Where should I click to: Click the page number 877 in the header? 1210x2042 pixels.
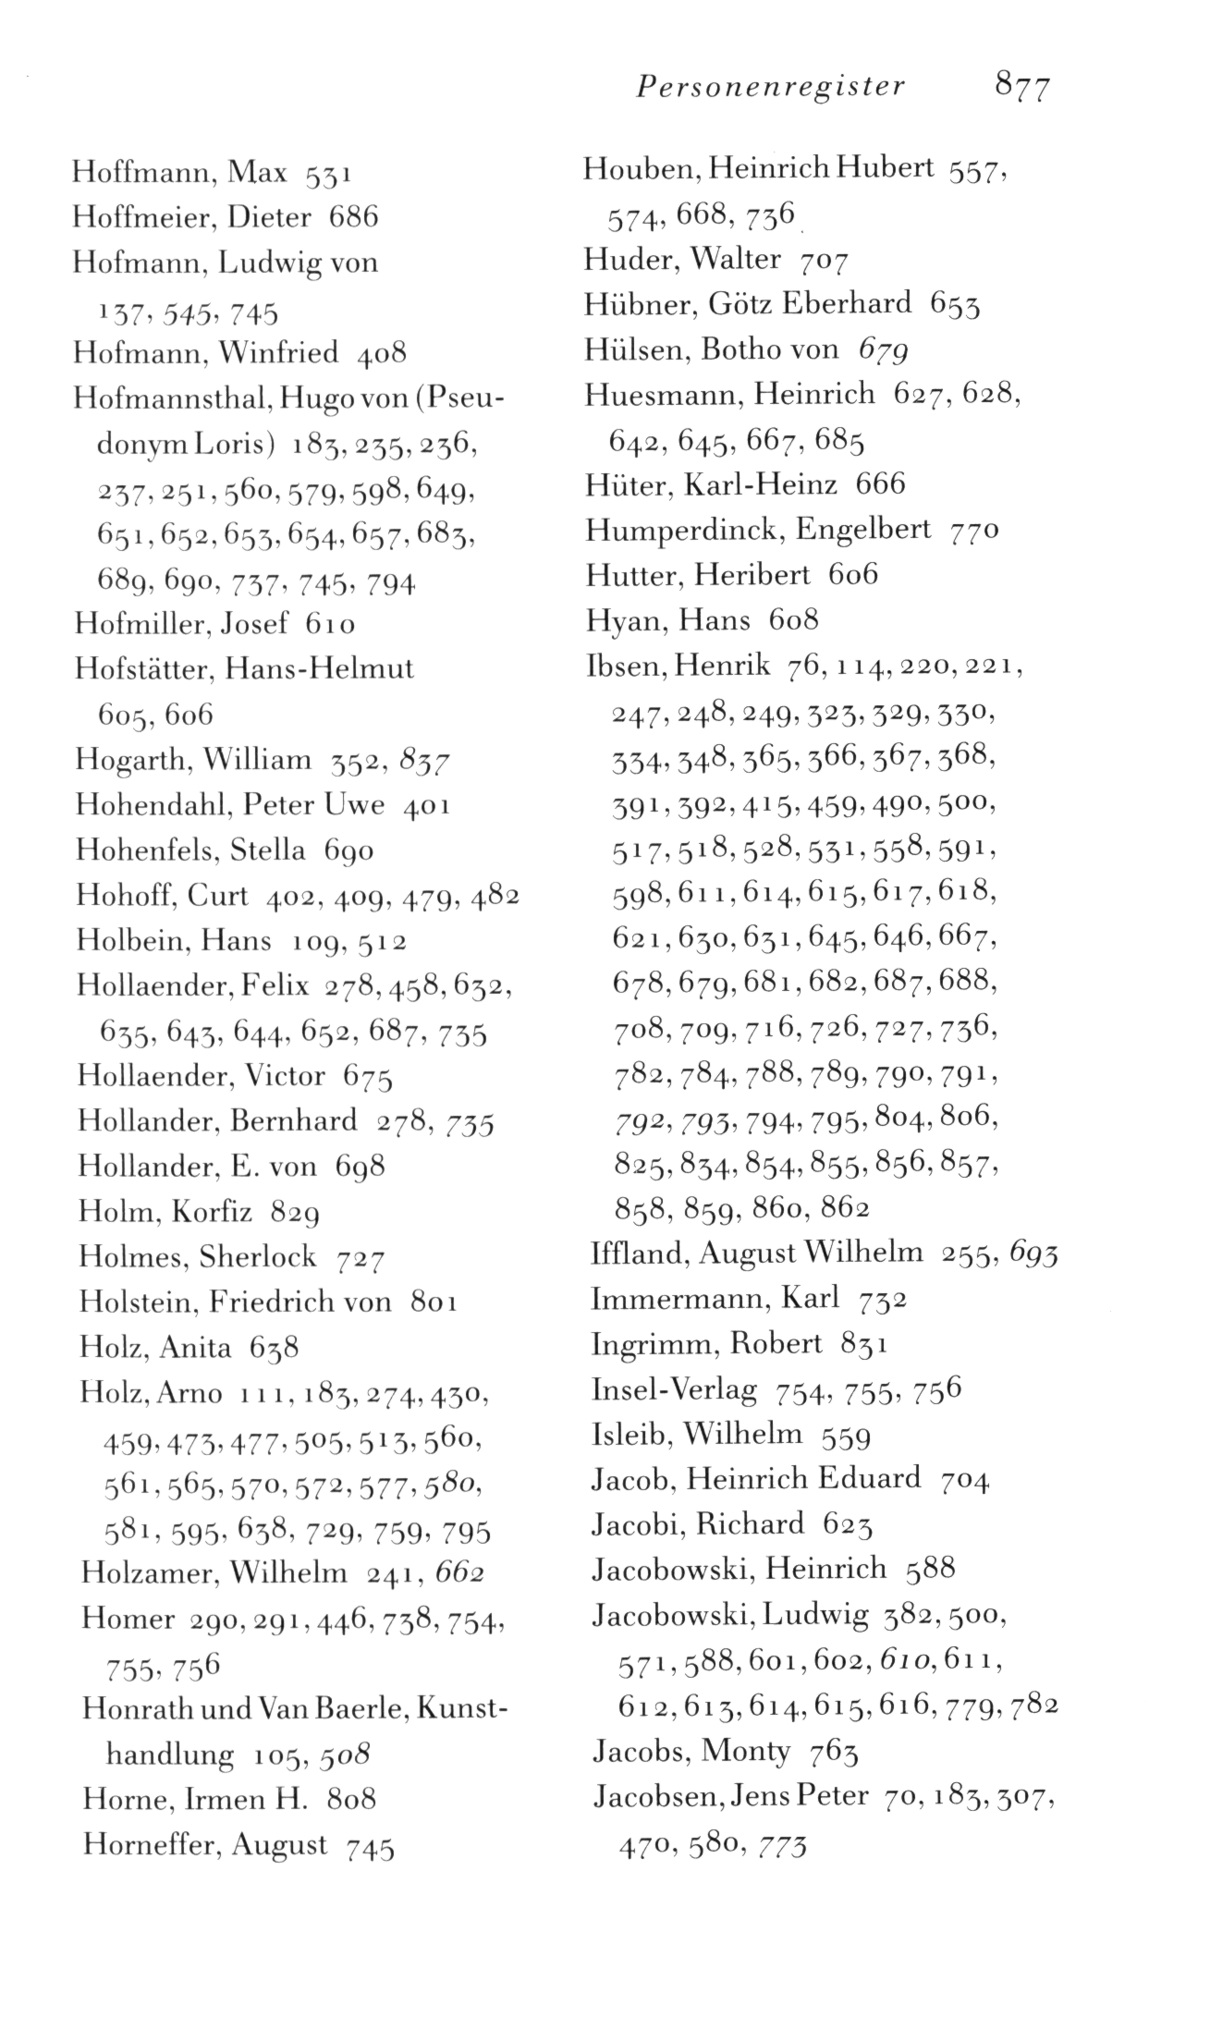(x=1022, y=87)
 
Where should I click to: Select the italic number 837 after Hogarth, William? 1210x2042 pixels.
(x=424, y=762)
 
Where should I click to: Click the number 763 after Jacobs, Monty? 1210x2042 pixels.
(x=833, y=1751)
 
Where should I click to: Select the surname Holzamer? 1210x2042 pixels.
(x=146, y=1572)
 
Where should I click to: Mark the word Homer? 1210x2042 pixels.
(x=128, y=1618)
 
